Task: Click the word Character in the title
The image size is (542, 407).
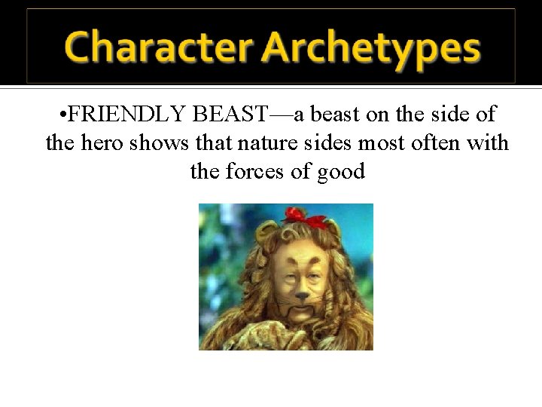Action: point(158,47)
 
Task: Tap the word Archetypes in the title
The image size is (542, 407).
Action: point(371,49)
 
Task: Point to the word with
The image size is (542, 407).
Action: point(488,143)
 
